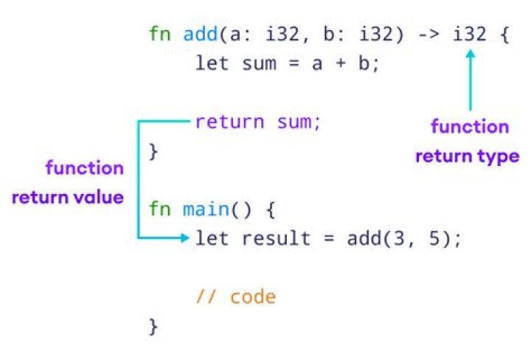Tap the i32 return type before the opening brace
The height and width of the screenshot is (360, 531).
(470, 35)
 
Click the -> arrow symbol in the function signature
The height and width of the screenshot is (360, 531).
(427, 35)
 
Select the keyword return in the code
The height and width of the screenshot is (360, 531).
(229, 122)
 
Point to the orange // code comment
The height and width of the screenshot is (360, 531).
(235, 297)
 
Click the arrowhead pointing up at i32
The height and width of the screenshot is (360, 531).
(470, 55)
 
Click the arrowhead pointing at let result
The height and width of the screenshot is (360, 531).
(184, 238)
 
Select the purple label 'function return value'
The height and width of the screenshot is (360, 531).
(68, 183)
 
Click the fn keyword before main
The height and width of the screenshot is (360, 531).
(159, 210)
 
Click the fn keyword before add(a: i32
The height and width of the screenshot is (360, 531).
(159, 35)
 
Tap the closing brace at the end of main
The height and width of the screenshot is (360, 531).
(153, 325)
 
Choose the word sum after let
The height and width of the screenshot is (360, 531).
(257, 63)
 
